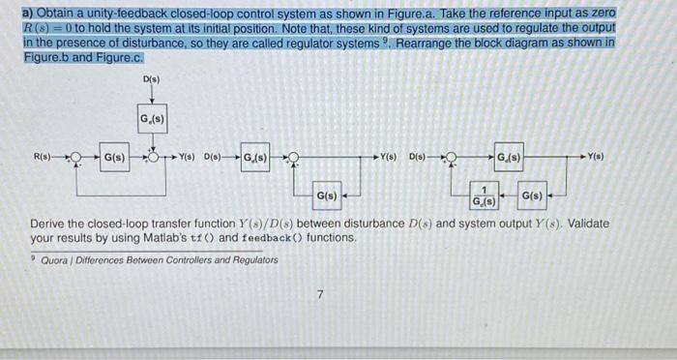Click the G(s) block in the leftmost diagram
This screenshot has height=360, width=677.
[x=113, y=156]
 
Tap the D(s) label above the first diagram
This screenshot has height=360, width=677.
[x=153, y=78]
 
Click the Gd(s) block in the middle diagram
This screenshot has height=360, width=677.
[x=255, y=156]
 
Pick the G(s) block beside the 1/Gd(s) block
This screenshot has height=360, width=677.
[x=532, y=196]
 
